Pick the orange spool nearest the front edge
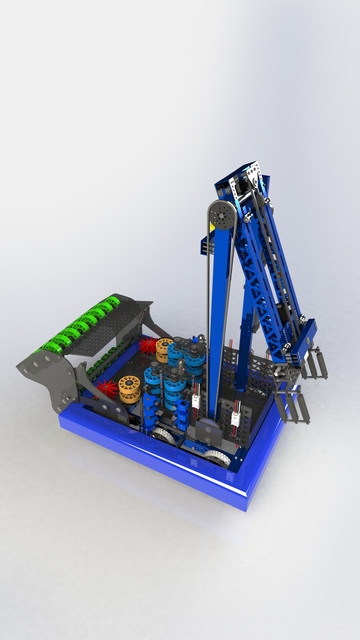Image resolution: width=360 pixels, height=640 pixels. [129, 387]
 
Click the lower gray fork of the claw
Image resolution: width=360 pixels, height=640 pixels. [291, 406]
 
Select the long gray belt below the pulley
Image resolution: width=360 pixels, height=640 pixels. [211, 320]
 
